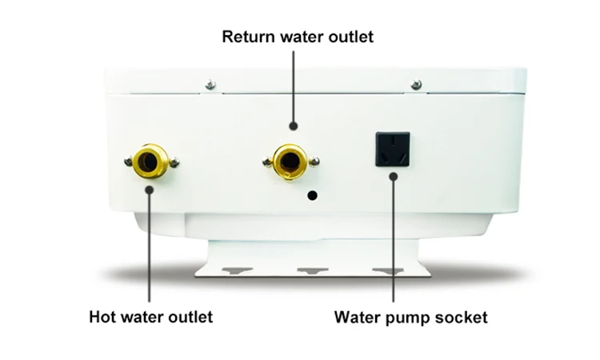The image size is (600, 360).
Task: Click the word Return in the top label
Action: click(x=246, y=36)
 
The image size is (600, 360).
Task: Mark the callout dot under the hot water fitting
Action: click(x=150, y=189)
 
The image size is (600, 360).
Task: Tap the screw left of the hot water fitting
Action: click(x=129, y=161)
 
